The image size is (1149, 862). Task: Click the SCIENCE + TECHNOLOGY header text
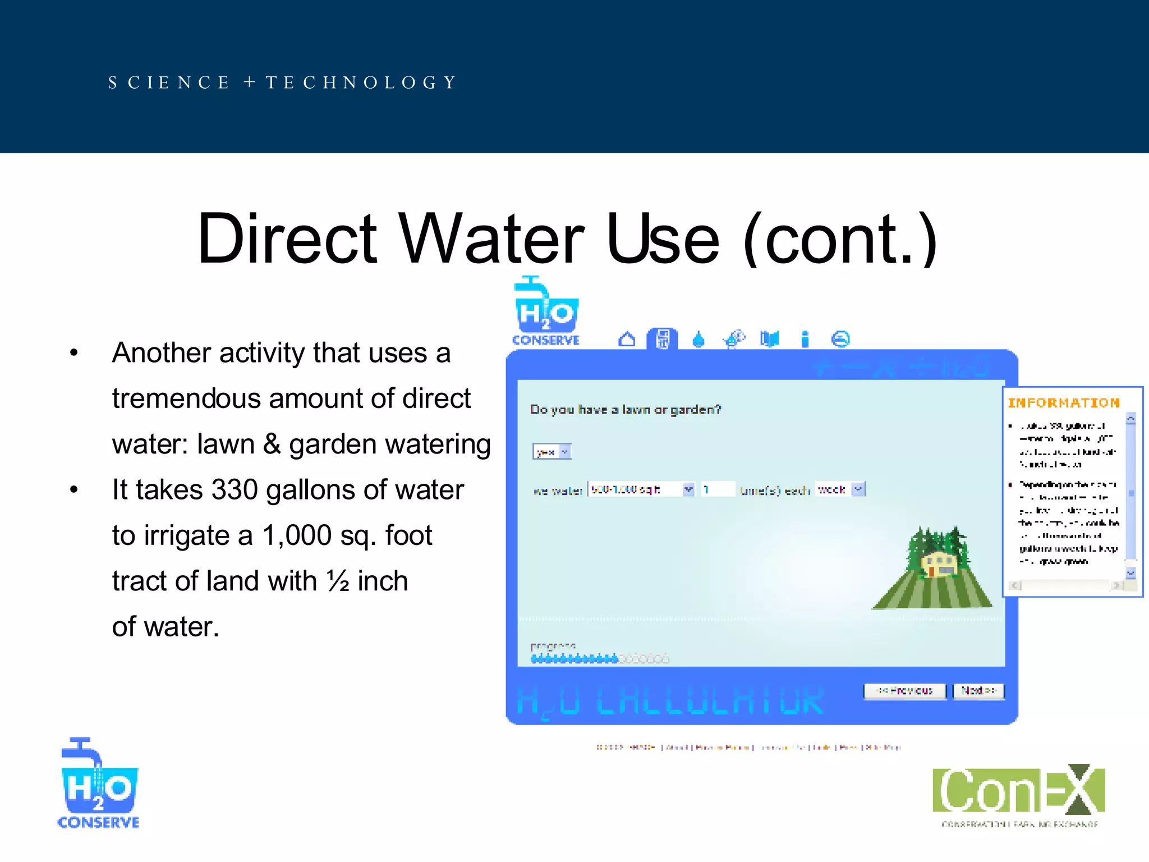[x=282, y=82]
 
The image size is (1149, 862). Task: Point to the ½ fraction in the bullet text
[x=338, y=581]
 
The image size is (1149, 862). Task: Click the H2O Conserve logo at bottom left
[x=99, y=783]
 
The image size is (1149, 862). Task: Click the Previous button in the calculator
[x=904, y=691]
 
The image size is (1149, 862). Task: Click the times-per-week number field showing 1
[x=717, y=489]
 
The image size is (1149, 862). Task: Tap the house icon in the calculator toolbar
[x=627, y=340]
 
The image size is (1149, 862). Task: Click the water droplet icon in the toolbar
[x=698, y=340]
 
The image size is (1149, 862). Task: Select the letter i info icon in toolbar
[x=805, y=340]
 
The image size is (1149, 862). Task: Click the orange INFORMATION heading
[x=1064, y=403]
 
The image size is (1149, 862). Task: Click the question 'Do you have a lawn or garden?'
[x=626, y=410]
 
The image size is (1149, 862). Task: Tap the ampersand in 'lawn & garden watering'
[x=272, y=444]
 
